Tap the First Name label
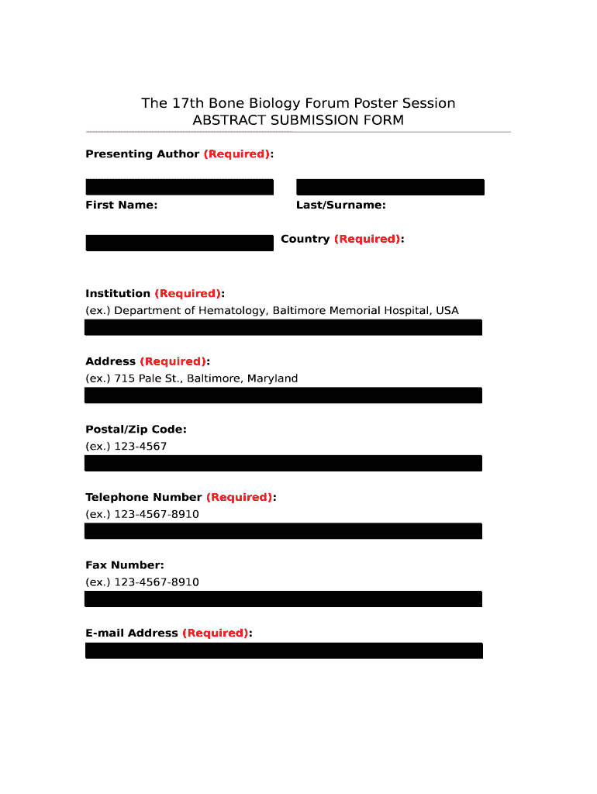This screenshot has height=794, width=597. (121, 205)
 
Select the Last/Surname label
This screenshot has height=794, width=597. (340, 205)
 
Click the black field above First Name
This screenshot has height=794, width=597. (179, 187)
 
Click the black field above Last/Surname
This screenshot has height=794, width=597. (390, 187)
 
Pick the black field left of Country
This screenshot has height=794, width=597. (179, 243)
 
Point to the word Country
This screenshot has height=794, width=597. (305, 239)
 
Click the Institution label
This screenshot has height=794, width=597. (118, 293)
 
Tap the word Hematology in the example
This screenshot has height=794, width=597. (229, 310)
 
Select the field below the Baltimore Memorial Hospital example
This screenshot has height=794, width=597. (283, 327)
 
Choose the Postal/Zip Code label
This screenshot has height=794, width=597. (136, 429)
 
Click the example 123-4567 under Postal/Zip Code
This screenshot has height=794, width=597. (140, 447)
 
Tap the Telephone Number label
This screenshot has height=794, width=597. (143, 497)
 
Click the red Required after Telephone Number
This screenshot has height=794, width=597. (239, 497)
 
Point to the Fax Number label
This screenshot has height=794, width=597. (124, 565)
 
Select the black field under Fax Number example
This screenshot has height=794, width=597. (283, 599)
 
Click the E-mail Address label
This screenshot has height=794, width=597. (132, 633)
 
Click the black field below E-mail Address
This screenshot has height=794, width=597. (283, 651)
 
